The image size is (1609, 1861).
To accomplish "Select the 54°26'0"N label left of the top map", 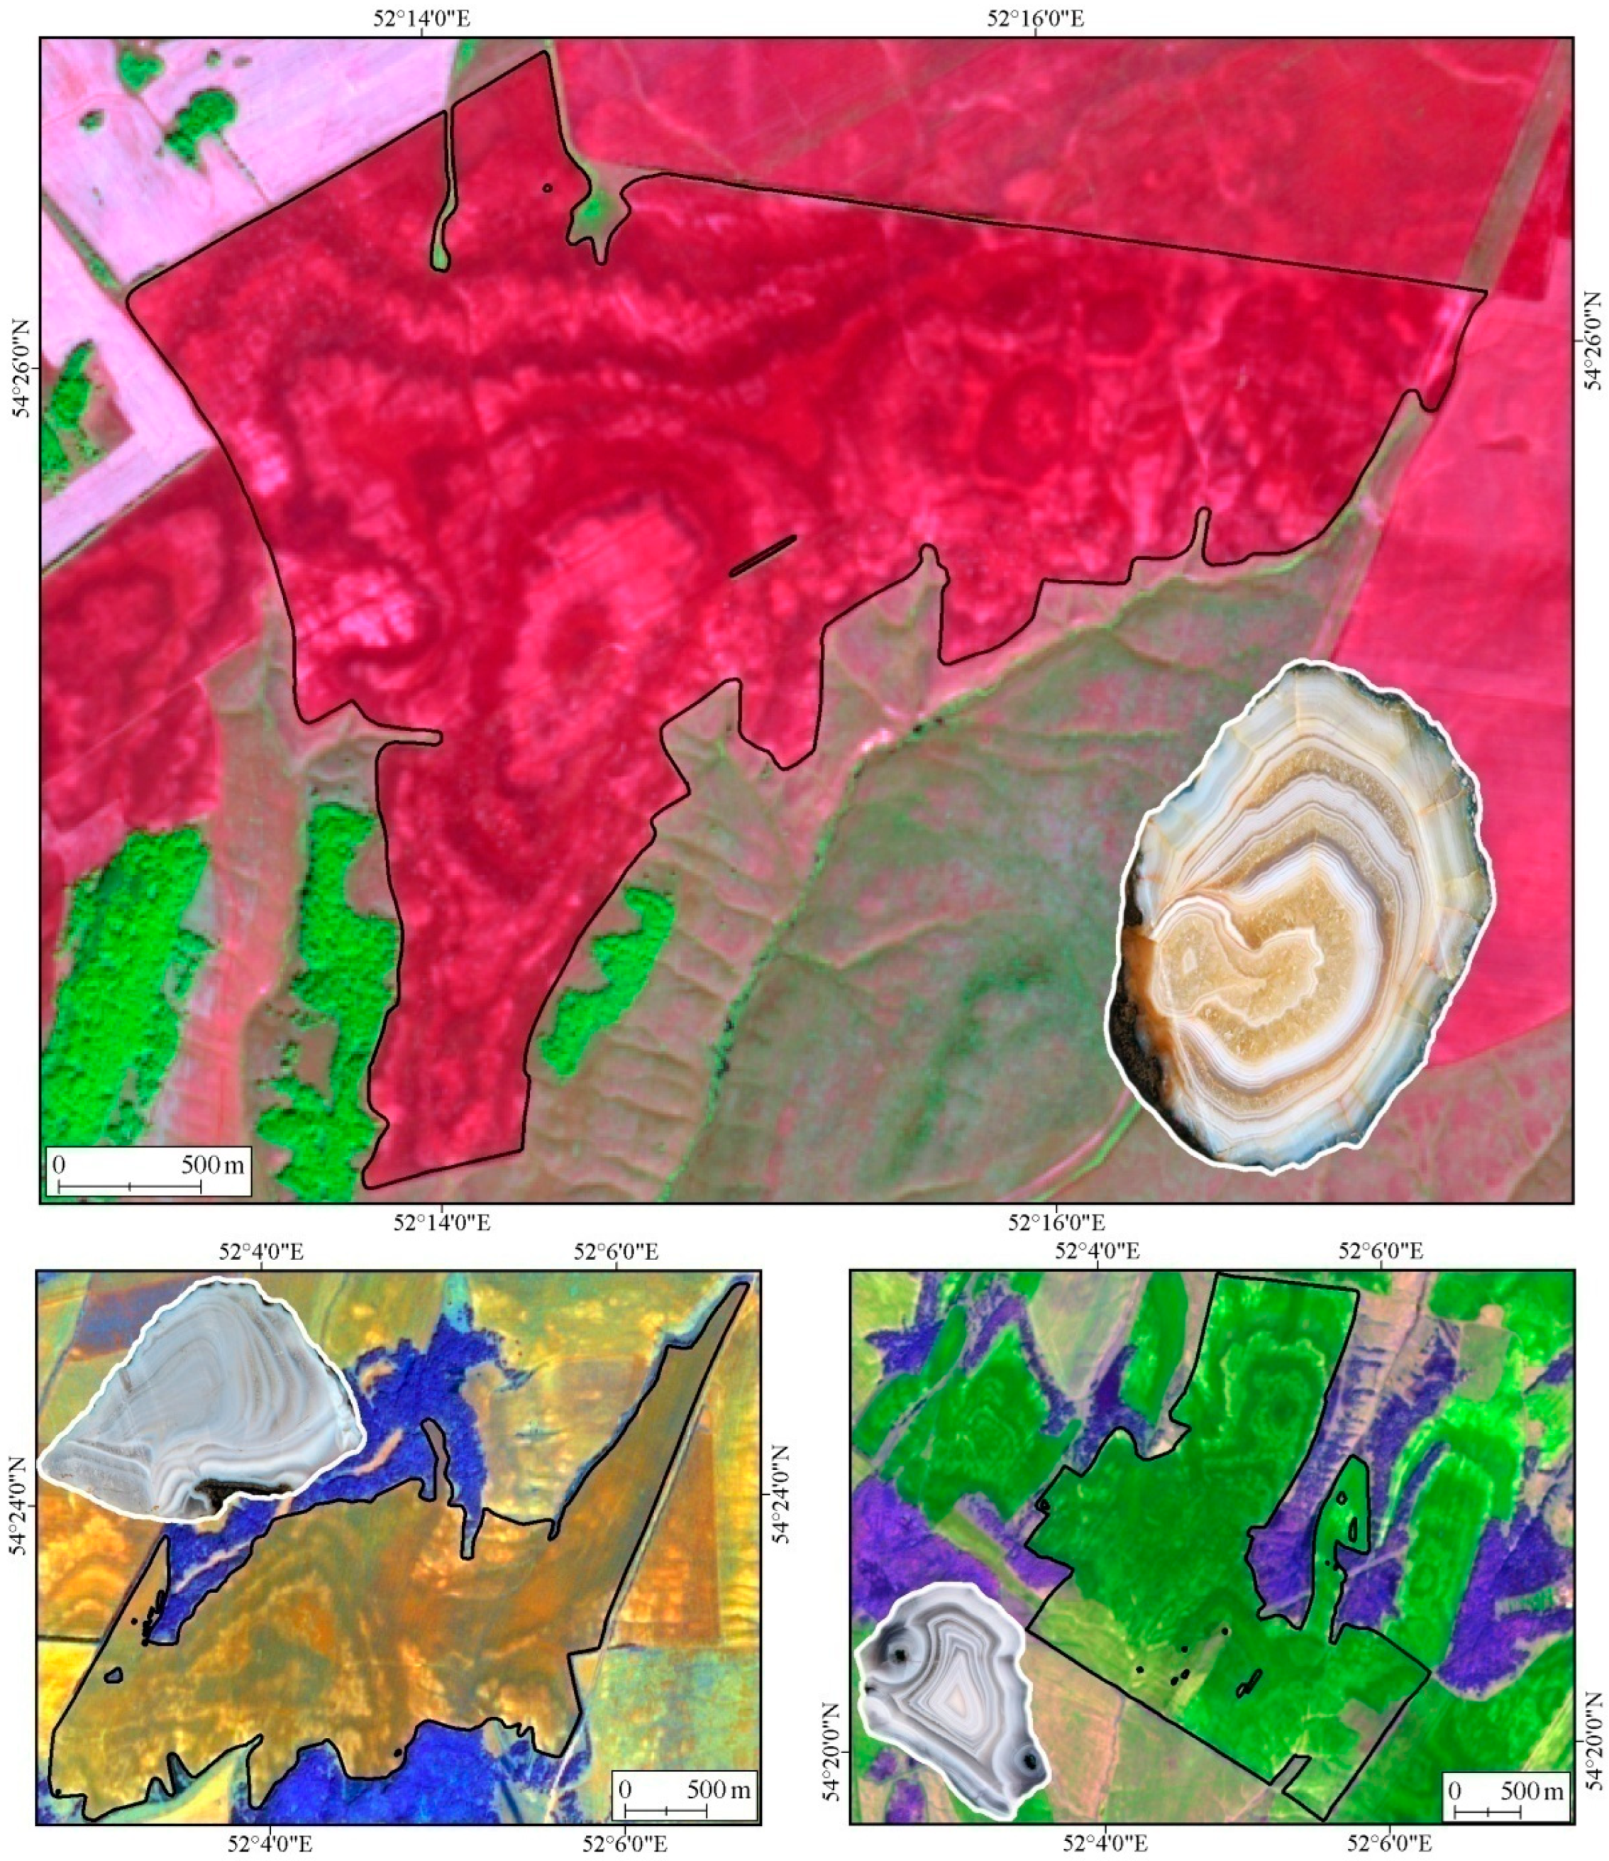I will pyautogui.click(x=20, y=368).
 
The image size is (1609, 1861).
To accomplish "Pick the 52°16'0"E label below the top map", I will pyautogui.click(x=1057, y=1224).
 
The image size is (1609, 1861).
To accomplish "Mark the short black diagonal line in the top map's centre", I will pyautogui.click(x=763, y=556).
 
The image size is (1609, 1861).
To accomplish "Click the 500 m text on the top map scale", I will pyautogui.click(x=213, y=1166).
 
